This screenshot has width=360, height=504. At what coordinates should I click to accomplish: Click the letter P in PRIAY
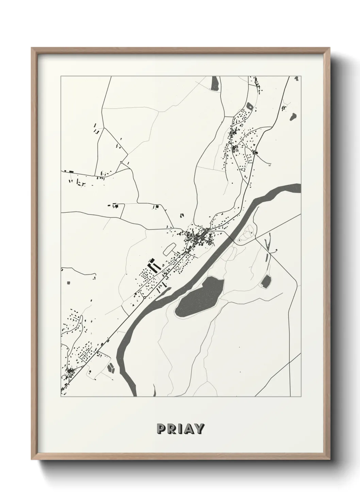point(161,429)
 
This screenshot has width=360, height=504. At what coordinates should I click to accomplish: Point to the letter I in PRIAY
point(179,429)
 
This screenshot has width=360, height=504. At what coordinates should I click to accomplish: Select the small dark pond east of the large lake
point(266,281)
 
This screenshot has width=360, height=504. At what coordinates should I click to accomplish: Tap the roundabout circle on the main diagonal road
point(145,298)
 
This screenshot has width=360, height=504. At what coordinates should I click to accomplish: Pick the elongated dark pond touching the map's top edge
point(215,83)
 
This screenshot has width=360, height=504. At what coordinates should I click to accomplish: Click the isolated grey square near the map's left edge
point(68,282)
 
